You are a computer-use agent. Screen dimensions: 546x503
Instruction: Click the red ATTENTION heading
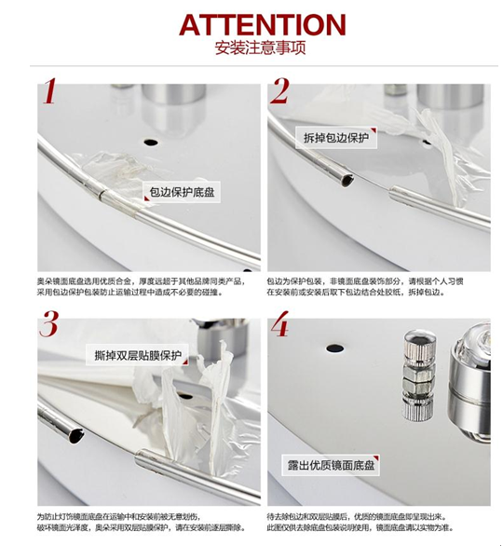pos(251,24)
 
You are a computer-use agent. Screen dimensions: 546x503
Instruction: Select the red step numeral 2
pos(280,94)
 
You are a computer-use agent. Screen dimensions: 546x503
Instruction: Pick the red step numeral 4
pos(280,327)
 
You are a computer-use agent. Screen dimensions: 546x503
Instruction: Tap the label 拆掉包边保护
pos(337,139)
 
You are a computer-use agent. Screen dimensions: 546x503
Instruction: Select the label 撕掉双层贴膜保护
pos(137,355)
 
